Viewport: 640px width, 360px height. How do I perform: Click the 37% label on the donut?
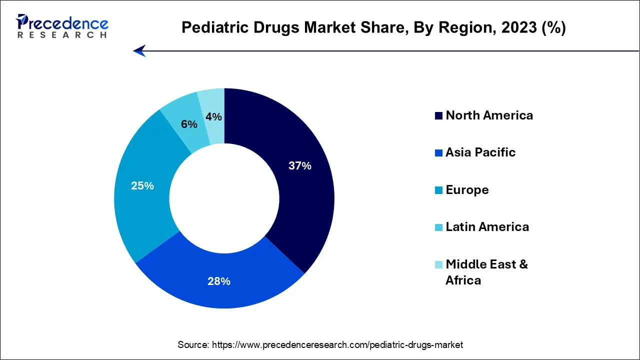click(x=300, y=166)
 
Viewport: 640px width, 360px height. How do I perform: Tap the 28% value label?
click(x=219, y=281)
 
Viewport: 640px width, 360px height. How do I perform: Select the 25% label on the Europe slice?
click(x=142, y=186)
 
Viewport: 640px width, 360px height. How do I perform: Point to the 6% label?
click(x=189, y=124)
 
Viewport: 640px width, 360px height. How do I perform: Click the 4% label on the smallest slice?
click(x=213, y=117)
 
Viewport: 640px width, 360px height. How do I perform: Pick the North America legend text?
click(x=489, y=115)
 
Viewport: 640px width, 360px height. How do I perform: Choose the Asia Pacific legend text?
click(x=480, y=152)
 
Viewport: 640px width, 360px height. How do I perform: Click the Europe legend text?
click(x=467, y=190)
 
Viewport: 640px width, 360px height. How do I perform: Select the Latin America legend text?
click(x=487, y=227)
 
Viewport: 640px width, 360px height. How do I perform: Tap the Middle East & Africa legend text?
click(x=486, y=272)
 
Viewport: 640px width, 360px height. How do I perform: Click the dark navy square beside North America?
click(x=438, y=116)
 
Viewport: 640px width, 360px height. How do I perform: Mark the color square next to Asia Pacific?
click(x=438, y=153)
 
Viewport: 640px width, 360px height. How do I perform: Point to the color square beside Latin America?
click(x=438, y=227)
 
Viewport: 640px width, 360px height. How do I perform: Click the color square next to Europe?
click(x=438, y=190)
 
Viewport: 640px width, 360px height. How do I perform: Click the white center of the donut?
click(x=224, y=198)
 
